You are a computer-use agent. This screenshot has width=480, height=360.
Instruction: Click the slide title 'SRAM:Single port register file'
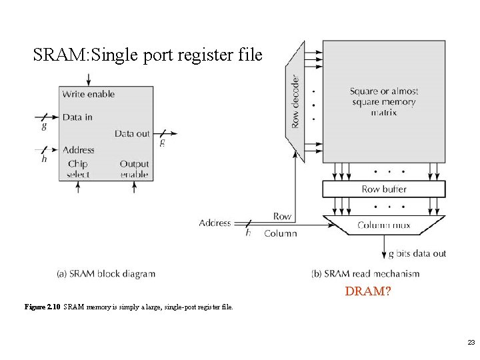[x=148, y=55]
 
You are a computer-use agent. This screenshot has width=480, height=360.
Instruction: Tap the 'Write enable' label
[x=89, y=94]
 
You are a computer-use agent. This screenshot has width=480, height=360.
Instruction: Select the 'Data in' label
[x=77, y=117]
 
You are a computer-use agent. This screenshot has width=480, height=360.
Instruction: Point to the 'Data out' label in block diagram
[x=132, y=133]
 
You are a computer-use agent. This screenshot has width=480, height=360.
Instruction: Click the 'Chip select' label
[x=77, y=169]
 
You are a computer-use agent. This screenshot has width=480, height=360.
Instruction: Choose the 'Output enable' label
[x=134, y=169]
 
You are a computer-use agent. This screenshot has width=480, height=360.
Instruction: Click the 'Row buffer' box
[x=383, y=189]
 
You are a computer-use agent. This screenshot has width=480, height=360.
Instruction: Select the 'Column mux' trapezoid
[x=383, y=225]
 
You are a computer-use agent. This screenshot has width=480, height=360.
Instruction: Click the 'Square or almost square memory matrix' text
[x=383, y=102]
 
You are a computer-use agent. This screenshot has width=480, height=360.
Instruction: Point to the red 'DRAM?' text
[x=368, y=291]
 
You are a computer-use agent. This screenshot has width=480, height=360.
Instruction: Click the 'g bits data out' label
[x=417, y=253]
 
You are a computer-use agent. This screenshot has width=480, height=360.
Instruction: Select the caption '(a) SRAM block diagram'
[x=106, y=273]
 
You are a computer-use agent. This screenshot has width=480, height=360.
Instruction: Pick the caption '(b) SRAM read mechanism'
[x=365, y=273]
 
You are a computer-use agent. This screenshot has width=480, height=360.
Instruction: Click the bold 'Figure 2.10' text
[x=42, y=307]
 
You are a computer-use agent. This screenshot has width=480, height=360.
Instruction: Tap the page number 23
[x=471, y=342]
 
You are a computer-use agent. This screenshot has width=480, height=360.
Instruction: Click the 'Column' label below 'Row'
[x=280, y=233]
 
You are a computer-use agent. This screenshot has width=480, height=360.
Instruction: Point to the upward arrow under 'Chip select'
[x=78, y=187]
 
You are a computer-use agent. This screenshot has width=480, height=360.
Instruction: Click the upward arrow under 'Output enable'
[x=135, y=187]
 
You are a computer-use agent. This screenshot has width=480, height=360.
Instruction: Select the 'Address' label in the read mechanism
[x=215, y=223]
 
